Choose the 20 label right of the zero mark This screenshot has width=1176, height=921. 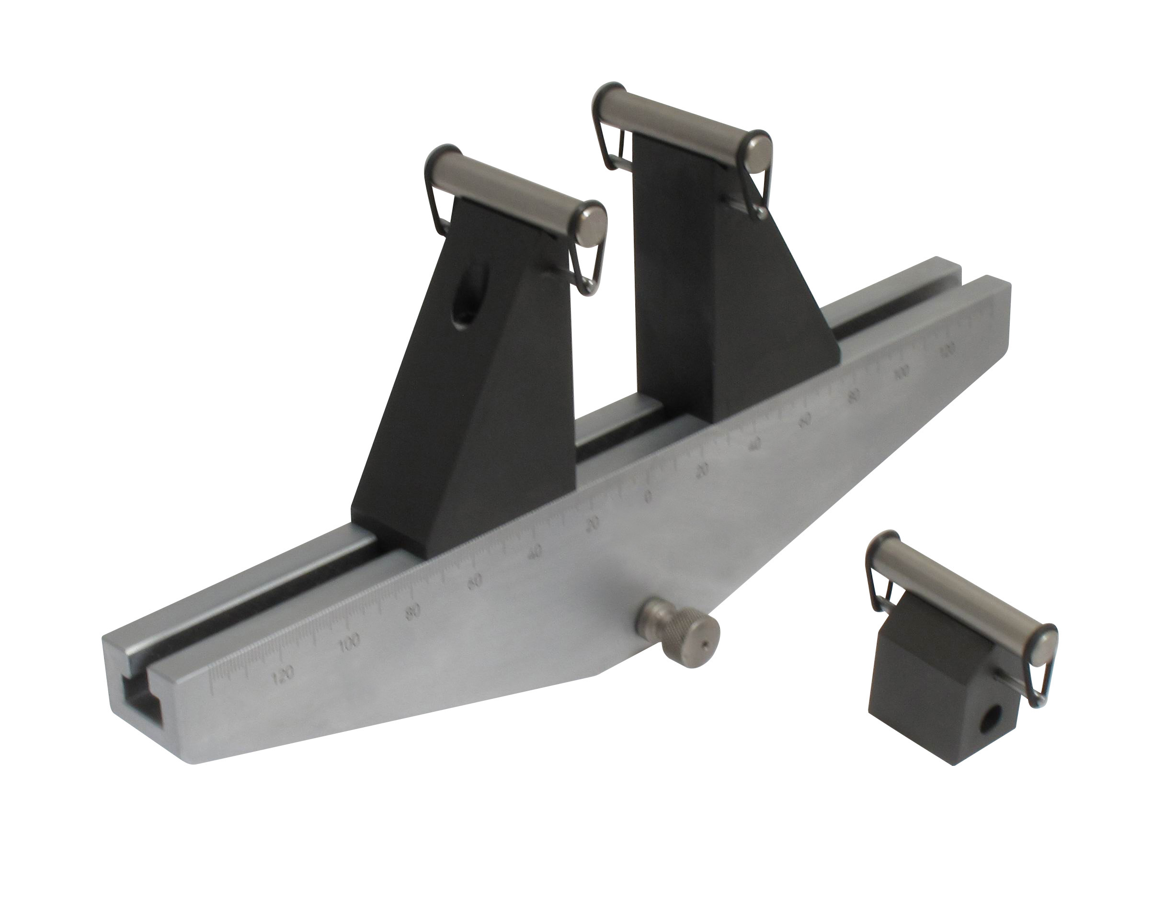(x=702, y=471)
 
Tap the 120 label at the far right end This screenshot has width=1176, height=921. (x=947, y=349)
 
